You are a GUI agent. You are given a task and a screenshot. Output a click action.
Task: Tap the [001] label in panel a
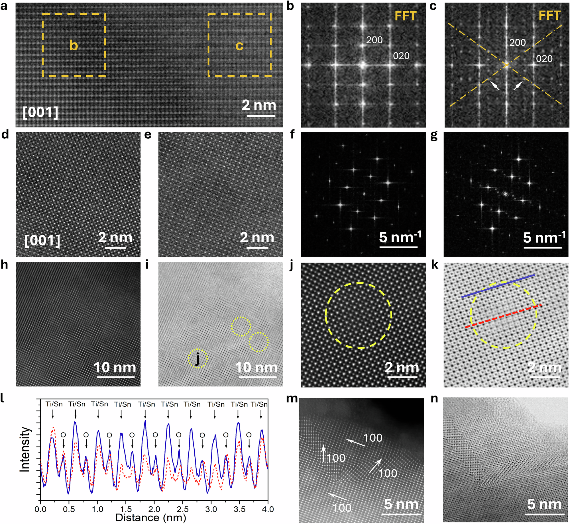pos(40,112)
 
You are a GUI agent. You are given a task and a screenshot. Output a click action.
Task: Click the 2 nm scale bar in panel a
pos(261,116)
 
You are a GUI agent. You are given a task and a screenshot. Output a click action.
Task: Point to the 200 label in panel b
pos(374,40)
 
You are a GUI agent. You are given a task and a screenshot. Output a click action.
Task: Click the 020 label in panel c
pos(544,59)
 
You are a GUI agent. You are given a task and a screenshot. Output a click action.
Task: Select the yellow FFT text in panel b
pos(406,16)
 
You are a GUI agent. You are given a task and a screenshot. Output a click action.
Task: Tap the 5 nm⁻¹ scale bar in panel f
pos(398,247)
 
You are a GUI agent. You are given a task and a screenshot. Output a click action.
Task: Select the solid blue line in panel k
pos(498,286)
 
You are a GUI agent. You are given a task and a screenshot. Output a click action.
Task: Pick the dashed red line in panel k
pos(503,316)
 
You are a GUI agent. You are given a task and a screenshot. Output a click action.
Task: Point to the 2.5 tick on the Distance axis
pos(183,509)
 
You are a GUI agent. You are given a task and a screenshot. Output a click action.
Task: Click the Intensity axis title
pos(25,449)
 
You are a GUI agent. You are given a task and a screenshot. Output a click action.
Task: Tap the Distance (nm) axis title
pos(150,517)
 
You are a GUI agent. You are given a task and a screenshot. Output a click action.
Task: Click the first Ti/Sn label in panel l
pos(54,404)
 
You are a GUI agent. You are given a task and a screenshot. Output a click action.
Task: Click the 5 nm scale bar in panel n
pos(544,514)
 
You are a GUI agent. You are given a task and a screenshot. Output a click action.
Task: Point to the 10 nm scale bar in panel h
pos(116,377)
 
